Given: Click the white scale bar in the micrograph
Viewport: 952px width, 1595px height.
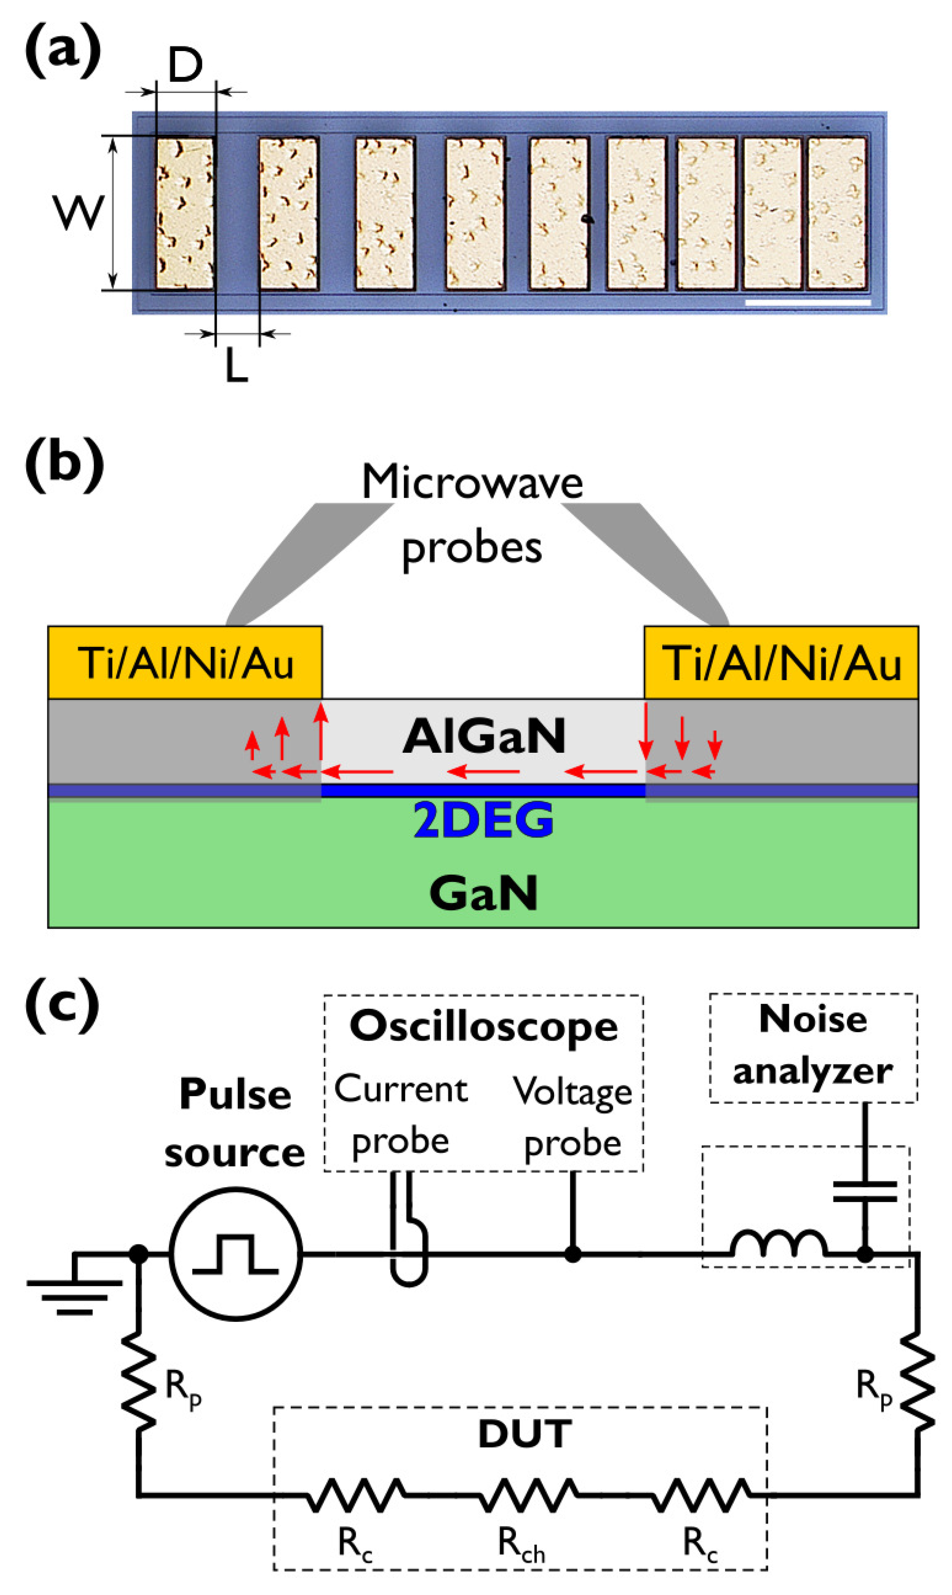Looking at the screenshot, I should tap(808, 302).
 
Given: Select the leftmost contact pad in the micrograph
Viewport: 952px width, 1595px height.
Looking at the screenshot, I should tap(185, 213).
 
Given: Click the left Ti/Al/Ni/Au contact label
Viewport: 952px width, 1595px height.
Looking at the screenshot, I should tap(185, 663).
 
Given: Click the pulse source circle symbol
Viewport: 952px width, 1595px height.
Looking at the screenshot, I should tap(236, 1253).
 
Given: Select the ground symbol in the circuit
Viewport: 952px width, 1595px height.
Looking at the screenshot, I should tap(74, 1285).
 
